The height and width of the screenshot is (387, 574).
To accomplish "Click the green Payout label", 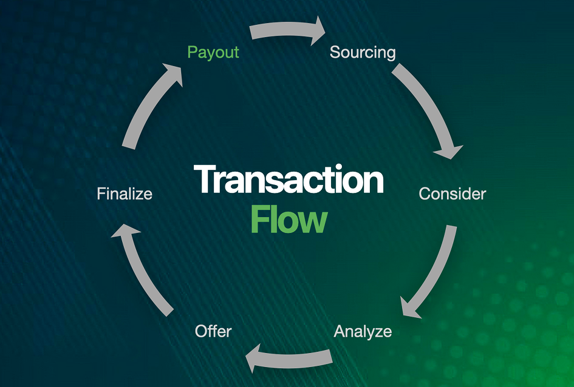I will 213,52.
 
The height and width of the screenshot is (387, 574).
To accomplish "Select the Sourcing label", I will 363,52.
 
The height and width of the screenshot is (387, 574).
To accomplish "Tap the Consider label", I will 453,194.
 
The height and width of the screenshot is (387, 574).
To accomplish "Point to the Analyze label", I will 363,331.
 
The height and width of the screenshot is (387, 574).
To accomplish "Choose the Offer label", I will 213,331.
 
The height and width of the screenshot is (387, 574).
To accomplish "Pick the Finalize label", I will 125,194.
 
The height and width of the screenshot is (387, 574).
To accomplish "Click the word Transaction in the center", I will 289,180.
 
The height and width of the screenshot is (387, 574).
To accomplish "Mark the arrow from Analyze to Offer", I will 292,358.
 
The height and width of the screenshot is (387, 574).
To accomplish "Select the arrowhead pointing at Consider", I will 449,149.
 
